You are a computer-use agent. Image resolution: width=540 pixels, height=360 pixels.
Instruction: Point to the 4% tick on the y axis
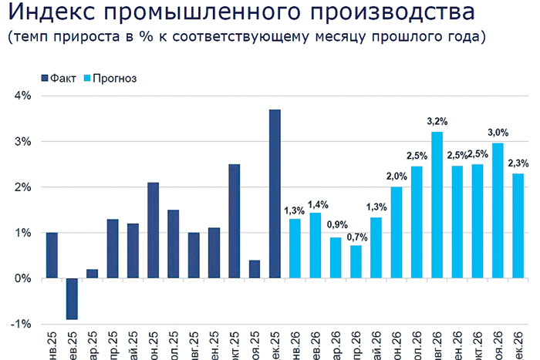tap(21, 96)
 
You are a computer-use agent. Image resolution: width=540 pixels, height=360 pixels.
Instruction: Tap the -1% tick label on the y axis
tap(20, 324)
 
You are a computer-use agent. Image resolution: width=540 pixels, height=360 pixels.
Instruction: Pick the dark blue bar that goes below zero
tap(72, 298)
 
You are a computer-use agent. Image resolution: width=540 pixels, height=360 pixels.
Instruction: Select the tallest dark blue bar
tap(275, 193)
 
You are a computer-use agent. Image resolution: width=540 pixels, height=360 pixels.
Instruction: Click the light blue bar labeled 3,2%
tap(437, 204)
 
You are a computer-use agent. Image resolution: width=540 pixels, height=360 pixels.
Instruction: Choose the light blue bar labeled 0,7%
tap(356, 261)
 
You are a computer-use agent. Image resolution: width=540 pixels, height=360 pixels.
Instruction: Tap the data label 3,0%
tap(498, 132)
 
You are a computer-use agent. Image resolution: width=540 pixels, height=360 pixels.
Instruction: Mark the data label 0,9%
tap(336, 225)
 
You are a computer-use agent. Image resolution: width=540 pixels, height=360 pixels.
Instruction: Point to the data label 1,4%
tap(316, 204)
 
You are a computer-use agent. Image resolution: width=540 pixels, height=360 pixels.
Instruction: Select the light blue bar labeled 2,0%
tap(397, 232)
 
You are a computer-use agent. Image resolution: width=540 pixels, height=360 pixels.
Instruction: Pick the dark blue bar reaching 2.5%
tap(235, 220)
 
